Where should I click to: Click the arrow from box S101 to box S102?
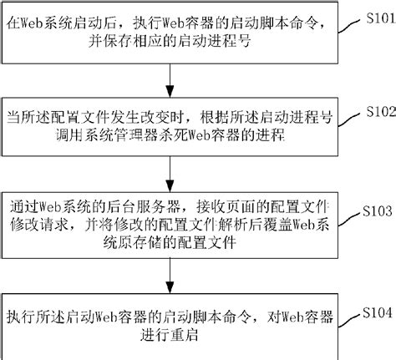[x=171, y=81]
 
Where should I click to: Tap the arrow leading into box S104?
[x=171, y=276]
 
